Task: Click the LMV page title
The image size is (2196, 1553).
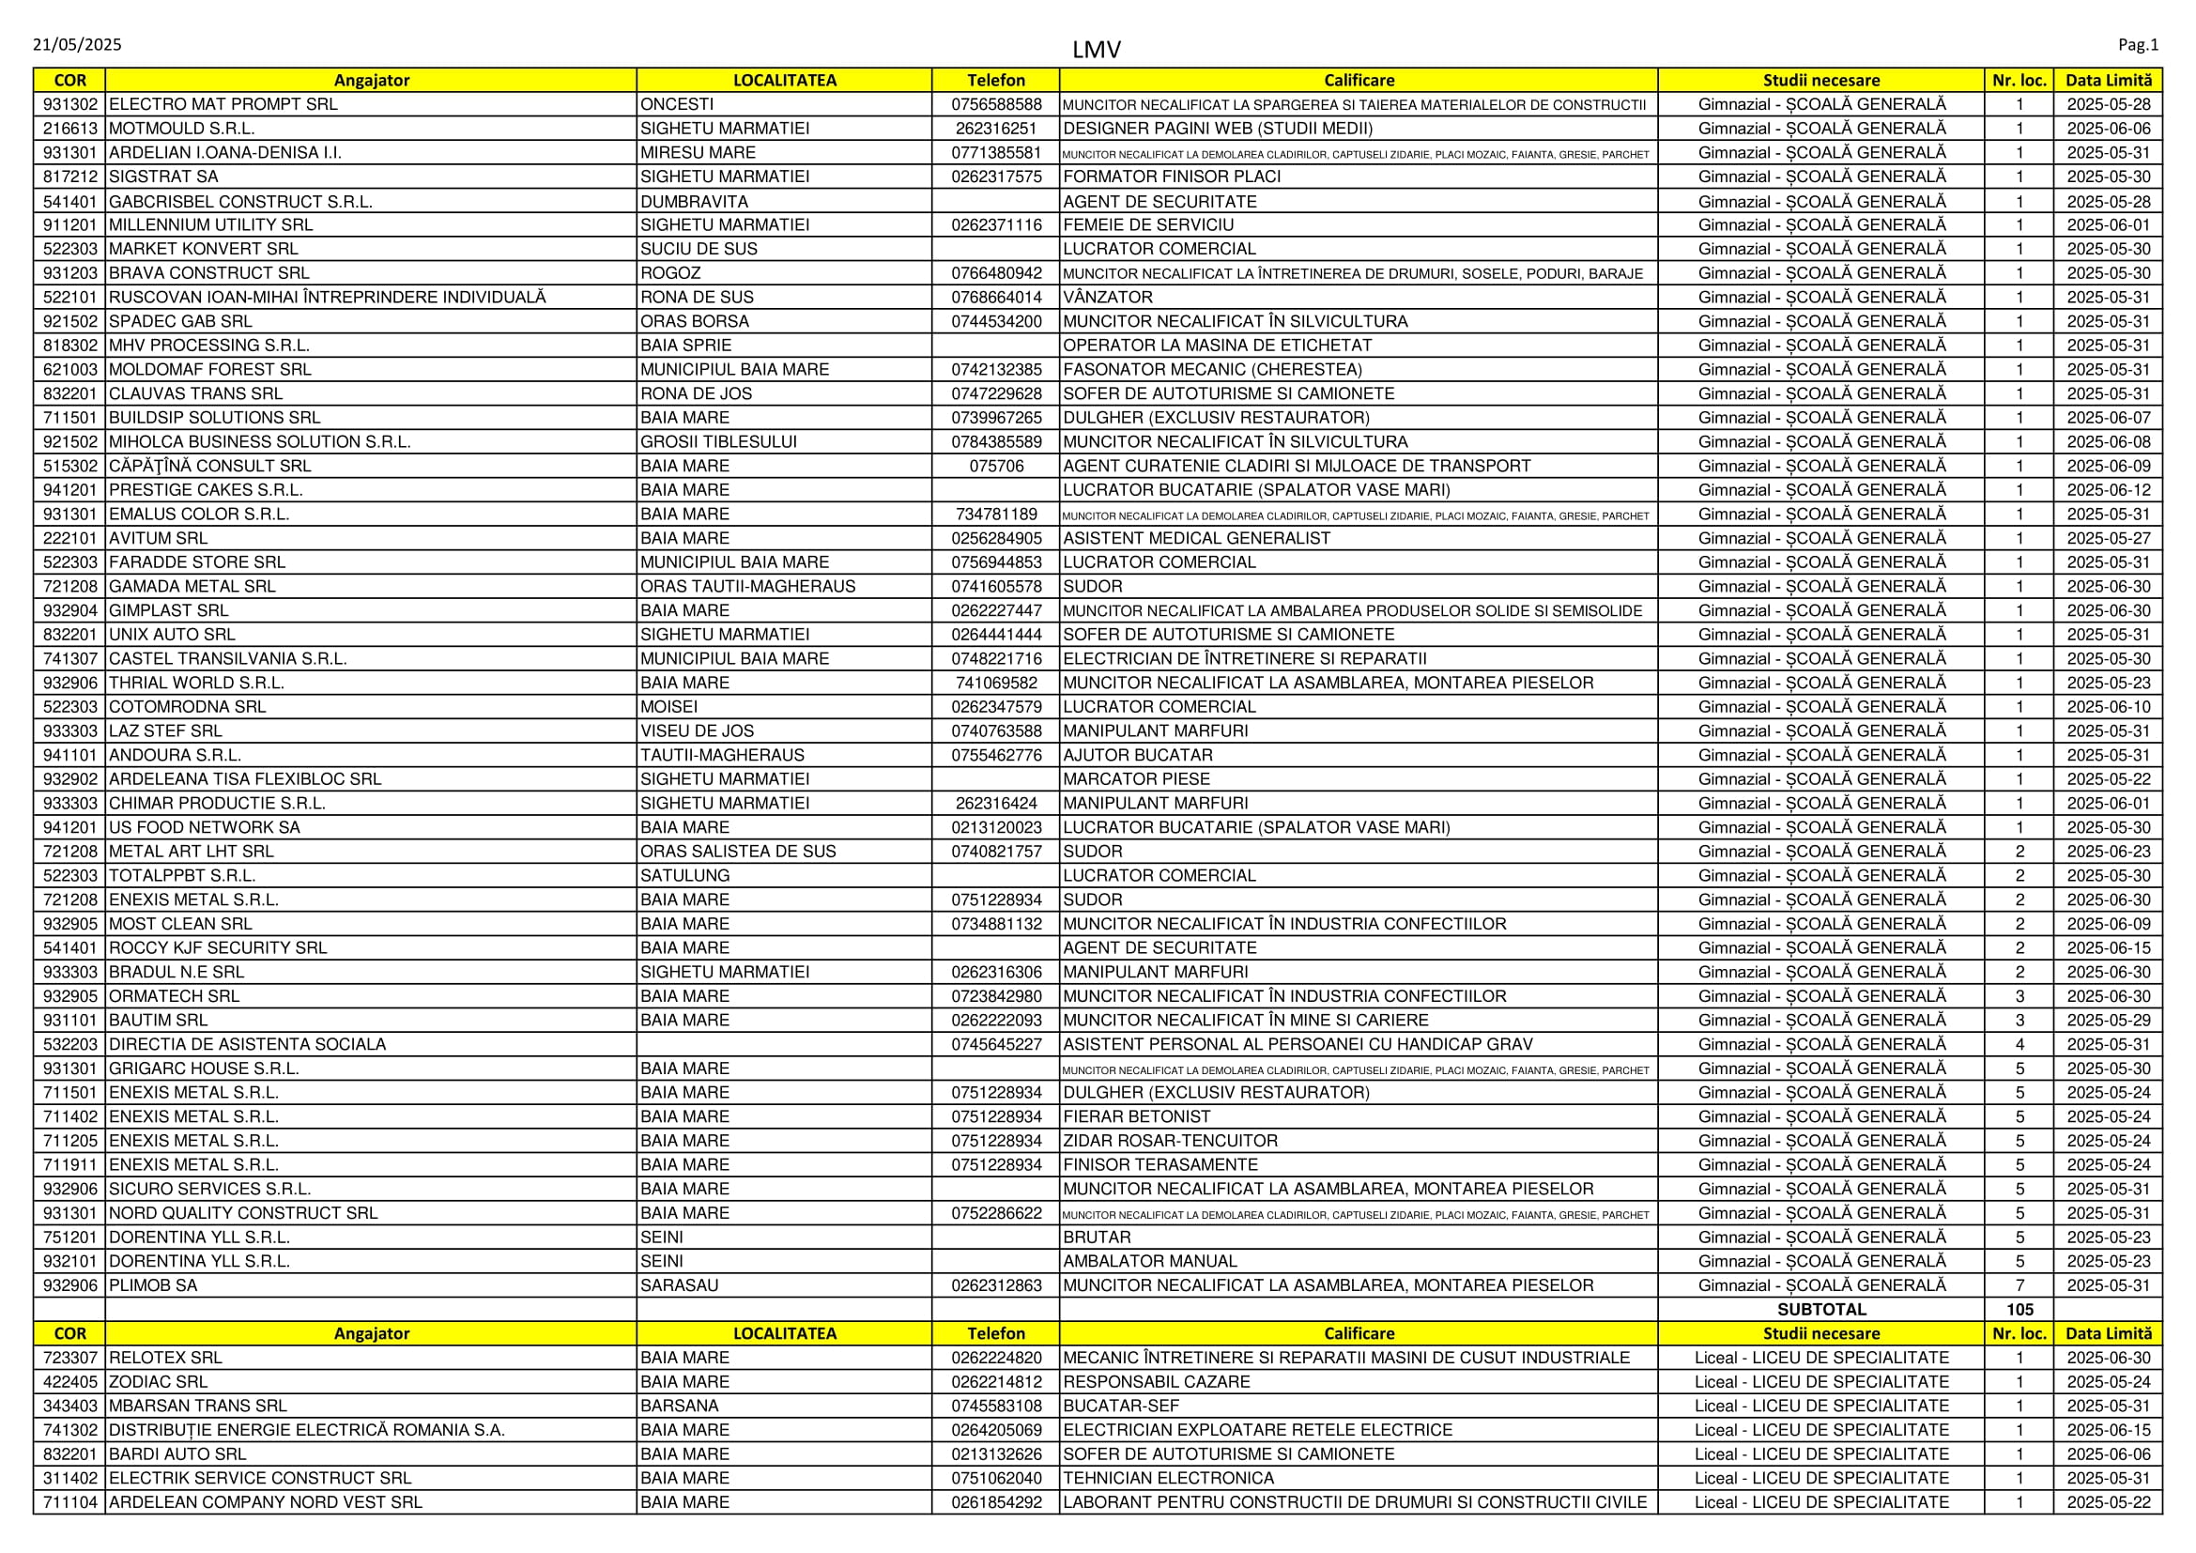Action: (1096, 50)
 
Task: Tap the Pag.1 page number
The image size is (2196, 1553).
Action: (2138, 45)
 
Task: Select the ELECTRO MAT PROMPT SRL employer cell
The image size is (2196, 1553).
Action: (223, 104)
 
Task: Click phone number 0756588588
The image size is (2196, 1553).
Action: (995, 104)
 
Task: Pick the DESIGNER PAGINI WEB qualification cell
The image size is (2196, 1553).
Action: (1218, 128)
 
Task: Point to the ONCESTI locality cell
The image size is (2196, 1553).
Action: (677, 104)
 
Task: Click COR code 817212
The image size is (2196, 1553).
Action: (69, 177)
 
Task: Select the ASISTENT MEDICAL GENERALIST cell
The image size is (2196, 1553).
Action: (1196, 538)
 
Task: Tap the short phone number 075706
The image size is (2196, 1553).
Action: (995, 466)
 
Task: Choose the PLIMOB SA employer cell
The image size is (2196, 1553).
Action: (153, 1285)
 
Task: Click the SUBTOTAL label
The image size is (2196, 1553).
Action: (1821, 1309)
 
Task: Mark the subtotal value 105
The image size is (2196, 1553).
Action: (2019, 1309)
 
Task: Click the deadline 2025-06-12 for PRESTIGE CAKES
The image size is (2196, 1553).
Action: (2108, 489)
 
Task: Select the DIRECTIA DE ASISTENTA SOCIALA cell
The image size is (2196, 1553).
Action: (248, 1044)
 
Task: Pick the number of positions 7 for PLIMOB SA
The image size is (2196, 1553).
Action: (2019, 1285)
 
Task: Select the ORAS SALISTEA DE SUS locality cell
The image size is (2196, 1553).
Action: (737, 851)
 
